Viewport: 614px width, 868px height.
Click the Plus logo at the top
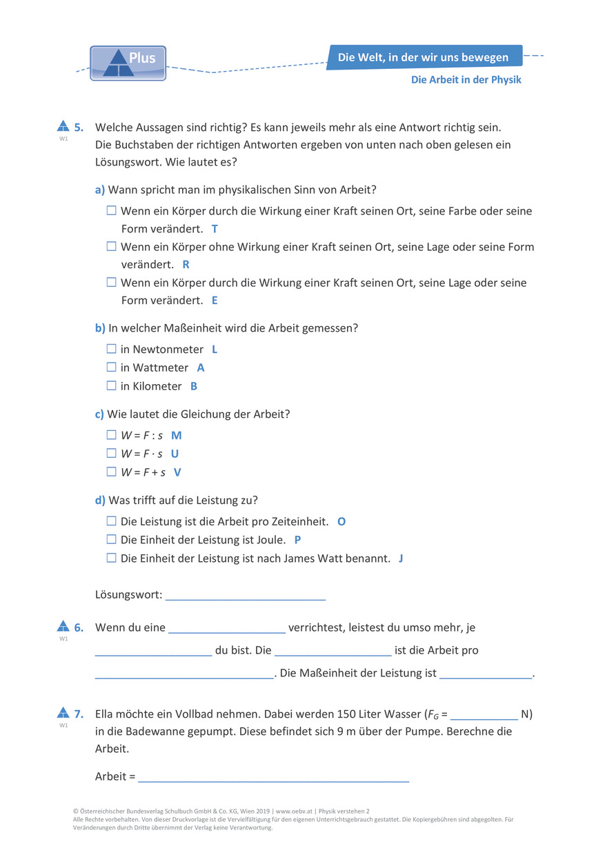128,63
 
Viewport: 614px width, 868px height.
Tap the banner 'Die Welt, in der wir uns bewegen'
424,57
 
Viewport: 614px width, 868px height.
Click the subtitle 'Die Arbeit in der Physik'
466,80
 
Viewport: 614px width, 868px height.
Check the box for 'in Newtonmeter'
112,349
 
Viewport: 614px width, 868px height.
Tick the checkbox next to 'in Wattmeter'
112,367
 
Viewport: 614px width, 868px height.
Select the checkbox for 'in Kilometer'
112,386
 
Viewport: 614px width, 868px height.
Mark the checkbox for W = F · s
112,454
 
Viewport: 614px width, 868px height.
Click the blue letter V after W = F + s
177,472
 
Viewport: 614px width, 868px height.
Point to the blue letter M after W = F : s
176,436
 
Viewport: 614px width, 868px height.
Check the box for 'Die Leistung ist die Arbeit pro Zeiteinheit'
112,521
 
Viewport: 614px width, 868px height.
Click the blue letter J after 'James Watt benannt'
401,558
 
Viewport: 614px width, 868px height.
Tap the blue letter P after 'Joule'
298,540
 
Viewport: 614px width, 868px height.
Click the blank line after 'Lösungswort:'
245,595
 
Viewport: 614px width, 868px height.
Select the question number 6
79,628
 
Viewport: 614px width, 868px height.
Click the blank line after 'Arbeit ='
273,777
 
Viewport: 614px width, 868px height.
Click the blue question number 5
79,127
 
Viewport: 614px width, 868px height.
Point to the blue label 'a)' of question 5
100,190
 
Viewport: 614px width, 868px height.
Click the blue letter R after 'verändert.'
186,264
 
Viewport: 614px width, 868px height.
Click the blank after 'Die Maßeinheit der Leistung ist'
486,674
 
